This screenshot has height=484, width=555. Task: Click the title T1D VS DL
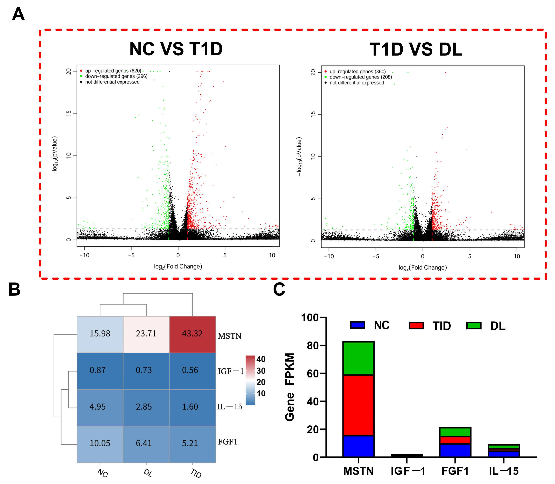[x=416, y=50]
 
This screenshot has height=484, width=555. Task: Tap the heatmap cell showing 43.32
[x=192, y=334]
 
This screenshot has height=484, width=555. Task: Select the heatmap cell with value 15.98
[x=100, y=334]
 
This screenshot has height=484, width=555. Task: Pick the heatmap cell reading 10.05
[x=100, y=443]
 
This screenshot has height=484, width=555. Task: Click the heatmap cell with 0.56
[x=192, y=370]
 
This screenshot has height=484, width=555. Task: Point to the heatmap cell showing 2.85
[x=146, y=407]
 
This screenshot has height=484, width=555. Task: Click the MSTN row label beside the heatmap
[x=230, y=336]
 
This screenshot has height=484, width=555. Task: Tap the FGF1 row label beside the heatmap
[x=228, y=442]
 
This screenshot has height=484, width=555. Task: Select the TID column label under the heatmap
[x=196, y=474]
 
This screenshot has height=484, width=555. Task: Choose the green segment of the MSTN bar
[x=358, y=358]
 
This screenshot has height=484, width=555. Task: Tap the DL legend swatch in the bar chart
[x=474, y=325]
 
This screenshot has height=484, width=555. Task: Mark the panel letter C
[x=279, y=289]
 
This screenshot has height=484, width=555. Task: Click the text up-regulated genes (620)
[x=113, y=71]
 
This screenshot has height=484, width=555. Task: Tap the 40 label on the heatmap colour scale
[x=261, y=359]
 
